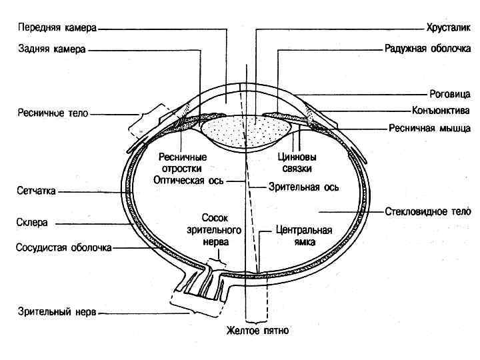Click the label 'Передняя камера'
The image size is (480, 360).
click(57, 29)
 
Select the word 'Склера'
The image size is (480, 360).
click(32, 223)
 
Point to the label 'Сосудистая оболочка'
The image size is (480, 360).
click(63, 247)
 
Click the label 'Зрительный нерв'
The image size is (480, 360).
click(57, 311)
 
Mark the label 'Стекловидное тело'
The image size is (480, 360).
click(428, 212)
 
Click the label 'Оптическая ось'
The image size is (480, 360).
click(189, 180)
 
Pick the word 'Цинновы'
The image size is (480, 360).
click(297, 158)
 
